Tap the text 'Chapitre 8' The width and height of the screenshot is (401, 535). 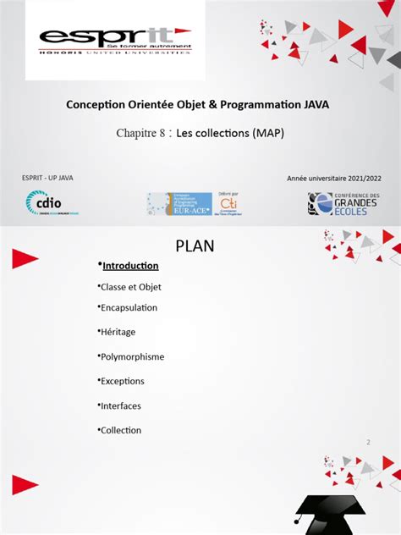pos(141,133)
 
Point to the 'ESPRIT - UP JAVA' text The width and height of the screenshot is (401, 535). pos(53,178)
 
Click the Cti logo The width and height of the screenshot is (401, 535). pos(228,203)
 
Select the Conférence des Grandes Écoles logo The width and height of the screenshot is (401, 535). pos(343,203)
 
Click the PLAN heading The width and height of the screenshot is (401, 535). pos(195,246)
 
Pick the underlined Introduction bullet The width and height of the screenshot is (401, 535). pos(129,266)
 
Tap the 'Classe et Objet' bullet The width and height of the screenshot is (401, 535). pos(130,287)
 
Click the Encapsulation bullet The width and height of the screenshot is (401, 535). pos(129,307)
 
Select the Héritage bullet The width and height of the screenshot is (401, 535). pos(118,332)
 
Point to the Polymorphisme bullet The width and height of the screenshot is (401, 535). pos(132,356)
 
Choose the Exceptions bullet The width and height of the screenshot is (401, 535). pos(122,381)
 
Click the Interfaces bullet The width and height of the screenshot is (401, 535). pos(120,405)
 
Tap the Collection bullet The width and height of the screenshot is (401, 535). pos(120,430)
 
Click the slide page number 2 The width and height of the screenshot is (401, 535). pos(368,442)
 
